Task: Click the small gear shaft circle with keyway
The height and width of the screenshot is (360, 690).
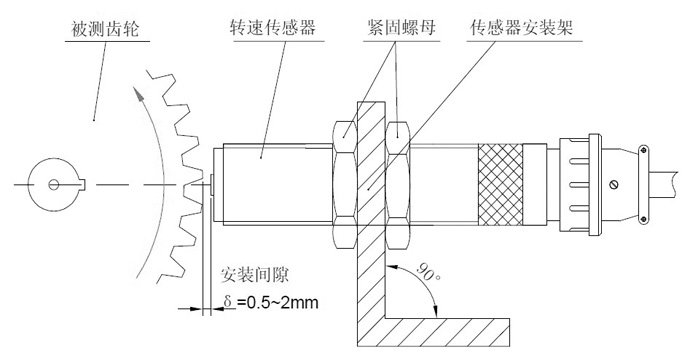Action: pyautogui.click(x=51, y=183)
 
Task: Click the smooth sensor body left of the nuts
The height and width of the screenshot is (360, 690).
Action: pyautogui.click(x=270, y=183)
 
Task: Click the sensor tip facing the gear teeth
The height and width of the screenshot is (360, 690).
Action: pyautogui.click(x=215, y=183)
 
